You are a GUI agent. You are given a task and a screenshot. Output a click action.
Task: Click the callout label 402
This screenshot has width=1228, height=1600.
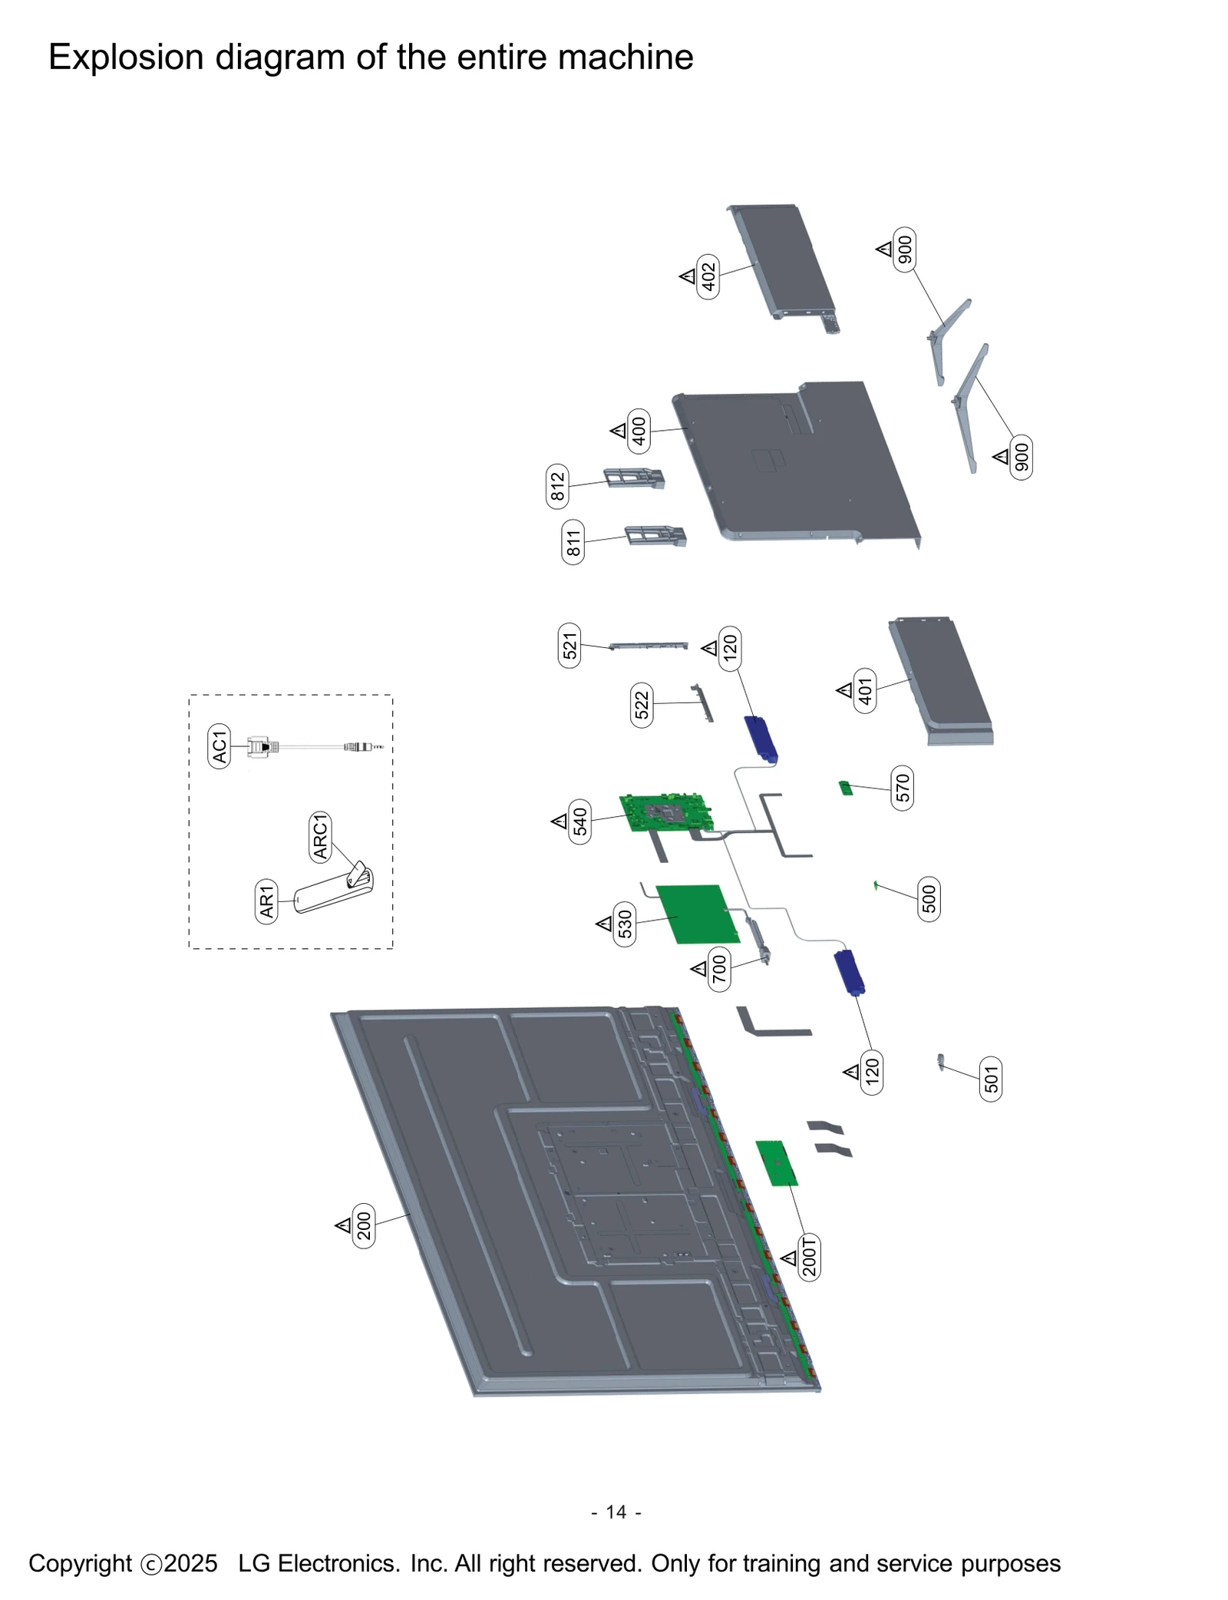708,276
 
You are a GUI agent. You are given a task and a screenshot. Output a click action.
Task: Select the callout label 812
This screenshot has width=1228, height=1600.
557,486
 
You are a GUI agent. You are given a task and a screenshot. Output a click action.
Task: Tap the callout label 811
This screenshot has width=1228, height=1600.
573,542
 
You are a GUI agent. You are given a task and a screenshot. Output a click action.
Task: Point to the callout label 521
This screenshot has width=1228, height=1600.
569,646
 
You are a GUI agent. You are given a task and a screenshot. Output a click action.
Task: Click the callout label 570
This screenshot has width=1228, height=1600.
903,788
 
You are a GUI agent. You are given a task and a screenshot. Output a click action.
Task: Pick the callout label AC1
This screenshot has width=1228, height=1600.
219,746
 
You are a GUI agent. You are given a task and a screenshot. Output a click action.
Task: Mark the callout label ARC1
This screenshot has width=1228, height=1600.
320,836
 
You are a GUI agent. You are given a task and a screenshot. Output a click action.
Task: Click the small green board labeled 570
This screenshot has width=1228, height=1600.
846,788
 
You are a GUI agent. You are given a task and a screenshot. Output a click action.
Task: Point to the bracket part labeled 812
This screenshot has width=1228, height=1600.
634,478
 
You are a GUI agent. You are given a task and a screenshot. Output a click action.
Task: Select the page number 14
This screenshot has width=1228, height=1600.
616,1512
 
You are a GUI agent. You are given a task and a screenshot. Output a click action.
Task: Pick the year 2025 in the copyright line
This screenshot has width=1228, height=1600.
190,1563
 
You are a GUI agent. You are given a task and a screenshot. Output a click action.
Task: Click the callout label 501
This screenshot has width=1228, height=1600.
991,1079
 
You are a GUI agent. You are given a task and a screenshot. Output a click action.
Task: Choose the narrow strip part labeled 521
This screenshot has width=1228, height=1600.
649,646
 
